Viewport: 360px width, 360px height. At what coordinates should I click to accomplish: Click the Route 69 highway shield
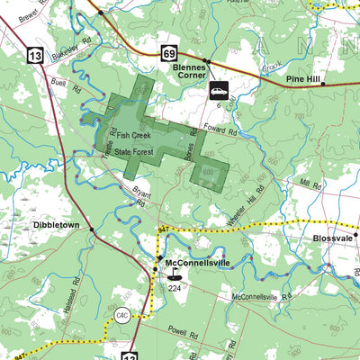[169, 56]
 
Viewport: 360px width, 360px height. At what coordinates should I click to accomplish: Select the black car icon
[219, 91]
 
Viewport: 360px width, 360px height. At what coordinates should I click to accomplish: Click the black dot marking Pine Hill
[323, 83]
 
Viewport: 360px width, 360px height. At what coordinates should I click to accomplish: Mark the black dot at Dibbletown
[91, 230]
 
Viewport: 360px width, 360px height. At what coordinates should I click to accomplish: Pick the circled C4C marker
[122, 315]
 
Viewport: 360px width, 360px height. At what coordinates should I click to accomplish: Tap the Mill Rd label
[310, 183]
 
